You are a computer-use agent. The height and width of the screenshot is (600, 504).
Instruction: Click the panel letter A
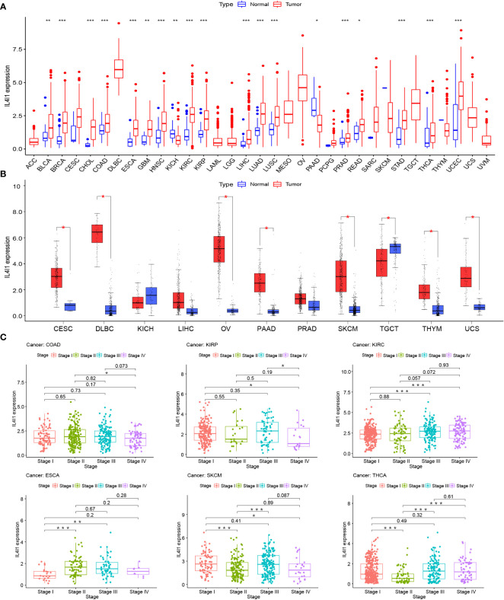[x=5, y=6]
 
